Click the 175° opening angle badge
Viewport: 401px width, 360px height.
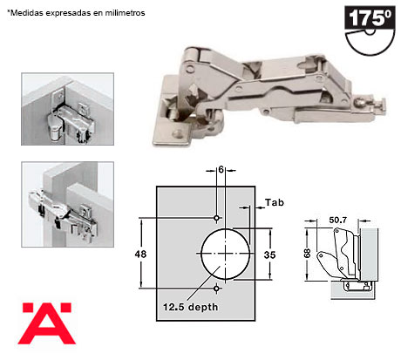tap(370, 31)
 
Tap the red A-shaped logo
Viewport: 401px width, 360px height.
tap(47, 323)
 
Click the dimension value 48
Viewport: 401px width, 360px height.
tap(140, 255)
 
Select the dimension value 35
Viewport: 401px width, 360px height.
tap(269, 255)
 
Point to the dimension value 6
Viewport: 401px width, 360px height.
tap(221, 169)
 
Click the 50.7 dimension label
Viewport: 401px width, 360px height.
tap(337, 221)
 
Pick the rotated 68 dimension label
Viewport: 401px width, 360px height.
tap(308, 254)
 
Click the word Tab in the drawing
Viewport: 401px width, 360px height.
tap(275, 202)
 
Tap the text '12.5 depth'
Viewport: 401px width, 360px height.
tap(190, 307)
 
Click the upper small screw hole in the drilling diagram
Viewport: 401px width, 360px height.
tap(216, 218)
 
